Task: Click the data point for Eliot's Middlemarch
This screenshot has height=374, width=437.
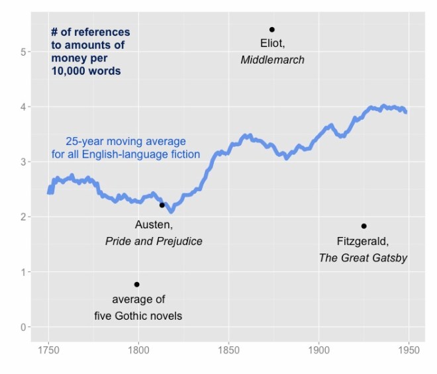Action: pos(271,29)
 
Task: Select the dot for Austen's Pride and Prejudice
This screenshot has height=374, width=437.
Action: pos(162,205)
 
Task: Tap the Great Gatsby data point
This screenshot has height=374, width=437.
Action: pos(364,226)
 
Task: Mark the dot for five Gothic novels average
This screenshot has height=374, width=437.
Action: pos(136,285)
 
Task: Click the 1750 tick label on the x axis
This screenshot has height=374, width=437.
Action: pos(48,348)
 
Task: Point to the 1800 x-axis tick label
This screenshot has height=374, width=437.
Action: pos(138,348)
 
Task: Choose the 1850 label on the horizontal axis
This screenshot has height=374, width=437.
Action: pos(228,348)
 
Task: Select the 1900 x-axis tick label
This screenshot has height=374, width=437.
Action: pos(318,348)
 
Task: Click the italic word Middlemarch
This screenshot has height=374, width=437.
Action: pos(272,60)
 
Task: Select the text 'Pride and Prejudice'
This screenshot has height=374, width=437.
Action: pos(154,241)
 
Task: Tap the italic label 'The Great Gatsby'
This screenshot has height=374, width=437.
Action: pos(363,257)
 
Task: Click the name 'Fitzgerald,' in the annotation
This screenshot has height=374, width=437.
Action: pos(362,241)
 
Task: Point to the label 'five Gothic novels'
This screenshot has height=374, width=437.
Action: pos(138,316)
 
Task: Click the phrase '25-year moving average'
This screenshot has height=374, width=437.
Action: pos(126,142)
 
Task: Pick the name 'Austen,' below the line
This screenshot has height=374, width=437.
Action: pos(154,224)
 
